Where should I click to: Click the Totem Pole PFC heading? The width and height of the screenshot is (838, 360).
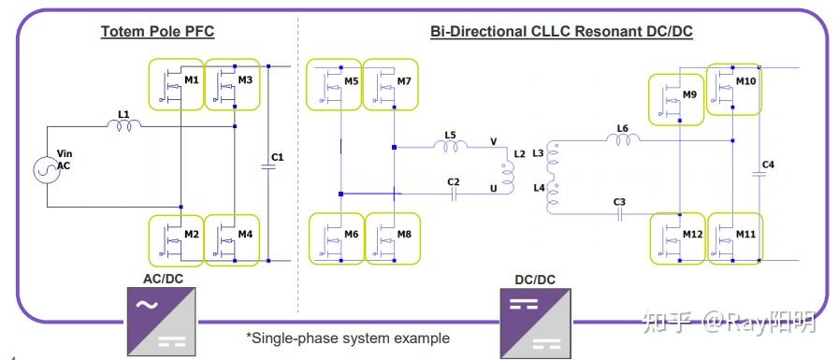(x=158, y=32)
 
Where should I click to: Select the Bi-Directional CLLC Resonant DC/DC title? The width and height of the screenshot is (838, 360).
(x=561, y=32)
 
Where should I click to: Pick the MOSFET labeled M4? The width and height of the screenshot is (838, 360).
(x=231, y=239)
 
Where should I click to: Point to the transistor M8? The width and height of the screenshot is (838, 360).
(x=390, y=239)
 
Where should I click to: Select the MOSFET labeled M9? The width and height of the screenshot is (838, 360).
(x=675, y=98)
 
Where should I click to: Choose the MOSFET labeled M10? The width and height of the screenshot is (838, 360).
(x=732, y=88)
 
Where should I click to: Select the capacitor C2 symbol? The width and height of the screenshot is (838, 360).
(x=453, y=194)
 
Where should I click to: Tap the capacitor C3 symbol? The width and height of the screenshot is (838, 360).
(x=619, y=214)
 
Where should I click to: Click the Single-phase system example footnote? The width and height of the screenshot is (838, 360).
(x=347, y=338)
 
